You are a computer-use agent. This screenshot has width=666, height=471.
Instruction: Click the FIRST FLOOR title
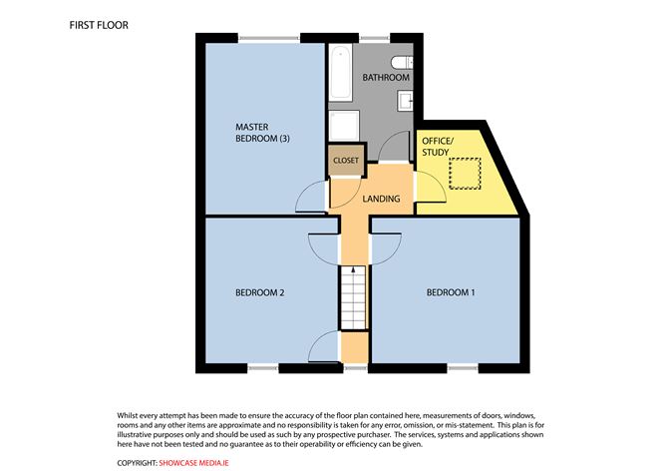point(98,23)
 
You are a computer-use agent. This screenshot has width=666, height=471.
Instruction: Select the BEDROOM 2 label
point(260,292)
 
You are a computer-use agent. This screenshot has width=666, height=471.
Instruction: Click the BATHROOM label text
point(386,78)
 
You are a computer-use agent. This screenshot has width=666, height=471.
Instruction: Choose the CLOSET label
point(346,160)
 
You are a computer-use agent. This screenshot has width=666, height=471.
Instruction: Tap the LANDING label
point(381,199)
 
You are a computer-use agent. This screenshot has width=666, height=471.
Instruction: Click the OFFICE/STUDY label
point(437,147)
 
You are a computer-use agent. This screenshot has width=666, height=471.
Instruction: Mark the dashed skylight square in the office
point(465,175)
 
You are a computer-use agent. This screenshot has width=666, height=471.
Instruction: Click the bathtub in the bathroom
point(340,72)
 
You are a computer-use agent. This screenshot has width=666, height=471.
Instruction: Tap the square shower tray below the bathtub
point(344,126)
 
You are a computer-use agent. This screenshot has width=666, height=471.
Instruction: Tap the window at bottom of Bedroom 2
point(263,367)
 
